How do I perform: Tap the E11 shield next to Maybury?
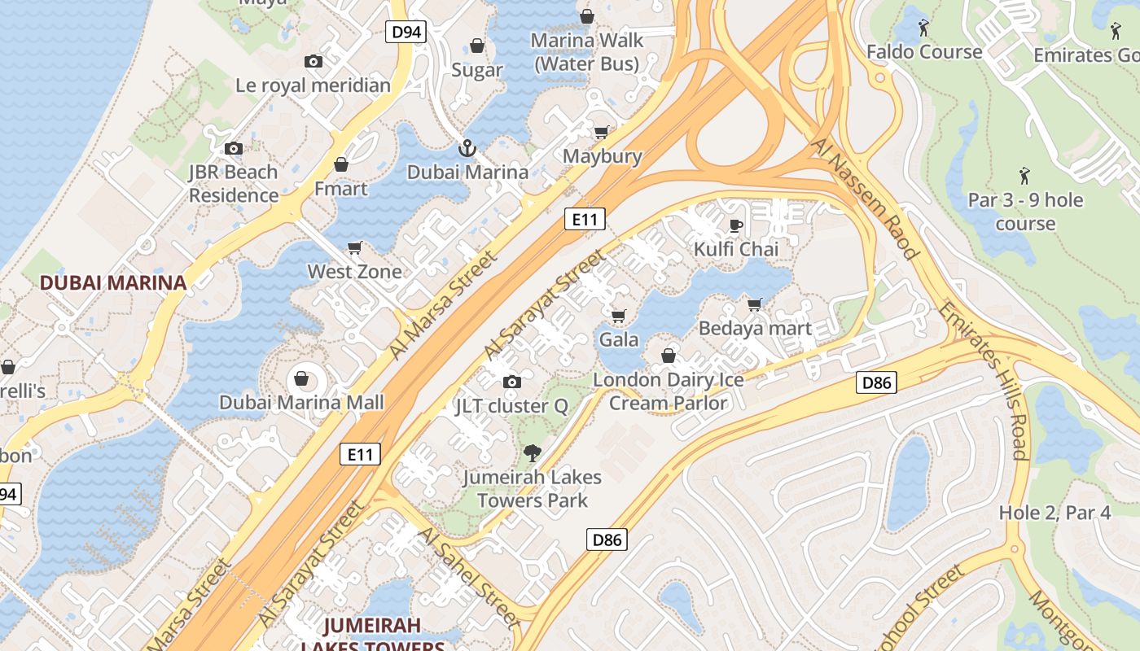(x=585, y=219)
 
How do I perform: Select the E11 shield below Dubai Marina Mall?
(x=360, y=454)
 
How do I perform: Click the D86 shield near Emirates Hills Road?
(x=876, y=382)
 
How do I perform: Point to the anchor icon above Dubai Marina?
(x=467, y=148)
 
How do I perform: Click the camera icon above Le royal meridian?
(x=313, y=61)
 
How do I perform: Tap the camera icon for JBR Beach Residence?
(x=234, y=148)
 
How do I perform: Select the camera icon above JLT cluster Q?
(x=512, y=382)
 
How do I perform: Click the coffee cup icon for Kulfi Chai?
(x=736, y=225)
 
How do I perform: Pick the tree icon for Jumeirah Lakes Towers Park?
(x=533, y=452)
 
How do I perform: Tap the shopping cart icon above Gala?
(x=619, y=316)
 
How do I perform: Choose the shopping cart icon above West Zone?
(x=355, y=247)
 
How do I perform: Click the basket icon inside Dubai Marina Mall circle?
(x=301, y=378)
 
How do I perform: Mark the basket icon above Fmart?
(x=341, y=165)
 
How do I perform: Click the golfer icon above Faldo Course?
(x=923, y=28)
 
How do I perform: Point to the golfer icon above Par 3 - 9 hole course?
(x=1024, y=175)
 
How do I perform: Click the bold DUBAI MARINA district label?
(x=113, y=282)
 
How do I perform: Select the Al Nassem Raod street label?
(x=865, y=197)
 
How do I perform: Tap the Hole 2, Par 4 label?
(x=1054, y=513)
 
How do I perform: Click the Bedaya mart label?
(x=755, y=328)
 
